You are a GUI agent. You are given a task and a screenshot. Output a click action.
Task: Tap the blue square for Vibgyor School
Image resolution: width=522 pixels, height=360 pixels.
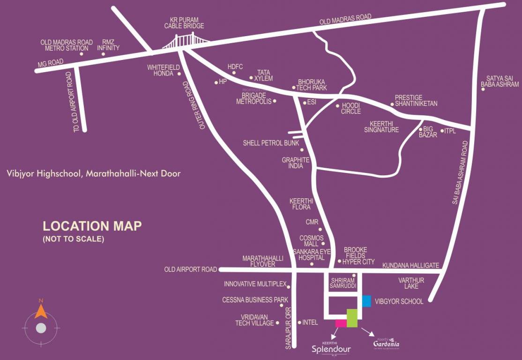click(x=366, y=301)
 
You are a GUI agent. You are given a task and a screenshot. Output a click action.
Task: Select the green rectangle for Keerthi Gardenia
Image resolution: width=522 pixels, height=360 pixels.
click(x=352, y=318)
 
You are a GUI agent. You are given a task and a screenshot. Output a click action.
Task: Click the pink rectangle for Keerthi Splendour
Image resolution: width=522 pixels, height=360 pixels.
click(x=341, y=323)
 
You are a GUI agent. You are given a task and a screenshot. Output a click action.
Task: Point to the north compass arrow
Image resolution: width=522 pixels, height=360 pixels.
click(x=41, y=310)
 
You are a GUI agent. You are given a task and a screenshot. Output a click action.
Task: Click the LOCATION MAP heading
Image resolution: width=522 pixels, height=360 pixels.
click(x=92, y=226)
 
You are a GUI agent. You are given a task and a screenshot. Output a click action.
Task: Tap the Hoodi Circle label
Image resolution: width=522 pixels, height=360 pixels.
click(x=351, y=109)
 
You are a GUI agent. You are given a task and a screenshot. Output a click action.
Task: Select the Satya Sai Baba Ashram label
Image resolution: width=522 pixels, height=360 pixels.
click(x=502, y=81)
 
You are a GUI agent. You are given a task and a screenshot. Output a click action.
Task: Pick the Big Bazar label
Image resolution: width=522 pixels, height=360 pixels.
click(x=430, y=132)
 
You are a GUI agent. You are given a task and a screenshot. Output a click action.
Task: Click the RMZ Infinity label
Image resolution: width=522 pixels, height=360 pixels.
click(x=108, y=45)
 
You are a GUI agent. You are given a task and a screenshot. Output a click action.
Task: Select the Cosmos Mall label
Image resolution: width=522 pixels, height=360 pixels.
click(x=309, y=241)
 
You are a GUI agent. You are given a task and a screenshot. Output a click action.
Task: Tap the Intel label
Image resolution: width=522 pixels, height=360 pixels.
click(x=310, y=322)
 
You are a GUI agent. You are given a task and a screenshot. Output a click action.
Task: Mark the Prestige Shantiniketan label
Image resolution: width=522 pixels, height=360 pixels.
click(x=416, y=100)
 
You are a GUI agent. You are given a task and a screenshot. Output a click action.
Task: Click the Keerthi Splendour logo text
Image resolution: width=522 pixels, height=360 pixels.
click(x=331, y=348)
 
